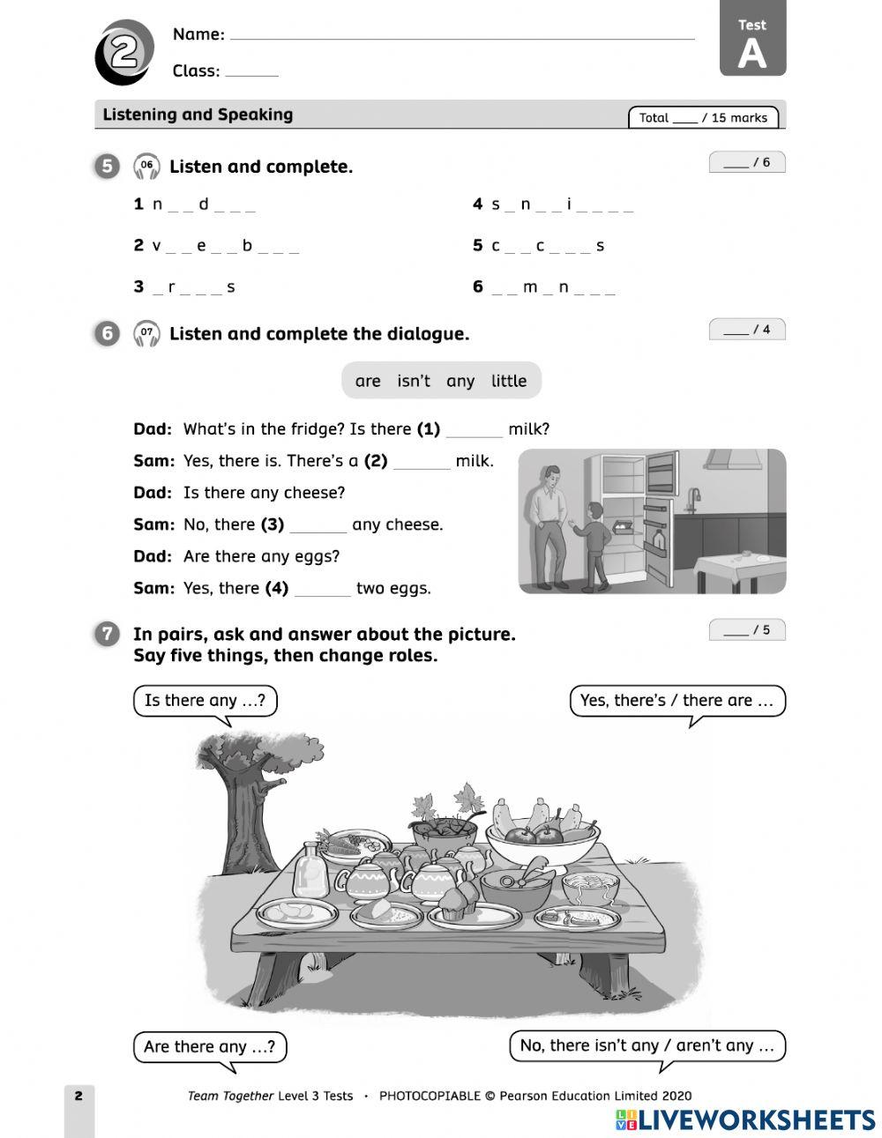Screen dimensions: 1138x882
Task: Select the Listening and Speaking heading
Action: point(198,115)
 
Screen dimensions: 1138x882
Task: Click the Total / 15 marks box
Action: point(703,117)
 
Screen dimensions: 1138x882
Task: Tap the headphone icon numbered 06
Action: point(146,166)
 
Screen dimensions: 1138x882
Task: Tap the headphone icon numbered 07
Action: point(146,333)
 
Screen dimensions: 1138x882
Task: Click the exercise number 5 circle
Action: point(106,166)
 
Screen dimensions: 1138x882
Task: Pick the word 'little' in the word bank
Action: point(508,381)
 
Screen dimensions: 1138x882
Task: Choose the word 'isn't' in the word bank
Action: point(413,381)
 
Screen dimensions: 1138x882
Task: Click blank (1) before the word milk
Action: point(474,430)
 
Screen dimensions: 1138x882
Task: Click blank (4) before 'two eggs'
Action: point(322,589)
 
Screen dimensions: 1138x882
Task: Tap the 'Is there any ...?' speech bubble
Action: point(205,701)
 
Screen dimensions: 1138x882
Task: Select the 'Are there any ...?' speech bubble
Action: point(210,1046)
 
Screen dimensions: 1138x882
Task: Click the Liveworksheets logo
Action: point(744,1119)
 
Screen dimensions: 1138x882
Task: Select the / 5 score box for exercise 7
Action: point(746,630)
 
